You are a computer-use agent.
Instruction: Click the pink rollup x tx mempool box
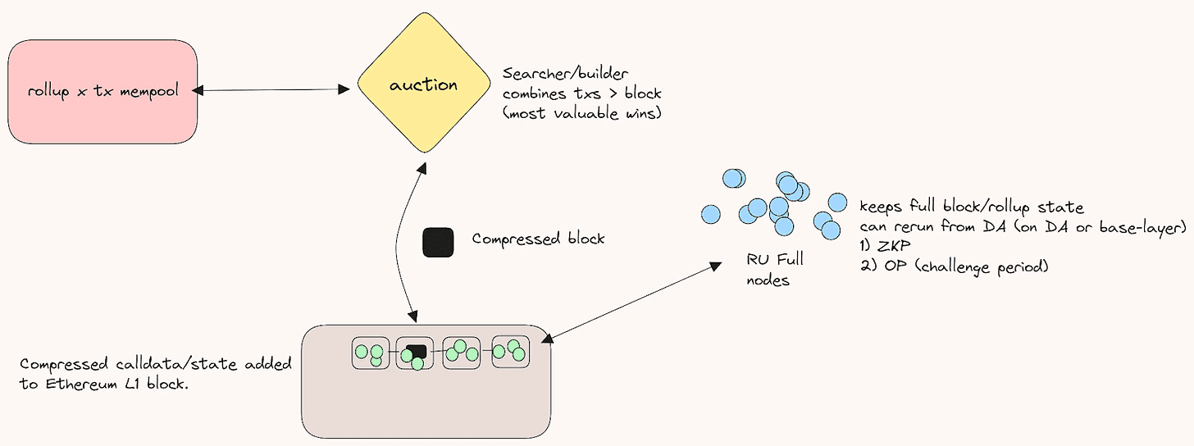point(103,90)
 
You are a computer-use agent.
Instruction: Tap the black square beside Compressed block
point(438,242)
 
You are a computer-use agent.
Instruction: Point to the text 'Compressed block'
point(538,239)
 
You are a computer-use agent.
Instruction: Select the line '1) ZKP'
point(886,247)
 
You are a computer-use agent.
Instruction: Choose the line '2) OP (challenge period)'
point(955,267)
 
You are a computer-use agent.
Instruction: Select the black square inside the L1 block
point(417,351)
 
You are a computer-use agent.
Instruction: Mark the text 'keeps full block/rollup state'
point(972,206)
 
